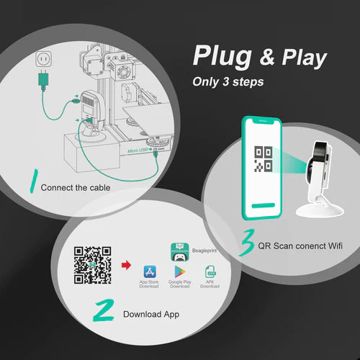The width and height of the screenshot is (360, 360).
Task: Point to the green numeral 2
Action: (105, 312)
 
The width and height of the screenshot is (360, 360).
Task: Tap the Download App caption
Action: (150, 314)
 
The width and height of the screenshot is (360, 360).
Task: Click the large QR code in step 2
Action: (94, 265)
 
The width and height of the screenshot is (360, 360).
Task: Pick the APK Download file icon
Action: (210, 272)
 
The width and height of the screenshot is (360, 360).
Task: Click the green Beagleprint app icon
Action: (179, 251)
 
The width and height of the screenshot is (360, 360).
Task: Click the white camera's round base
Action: (320, 210)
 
